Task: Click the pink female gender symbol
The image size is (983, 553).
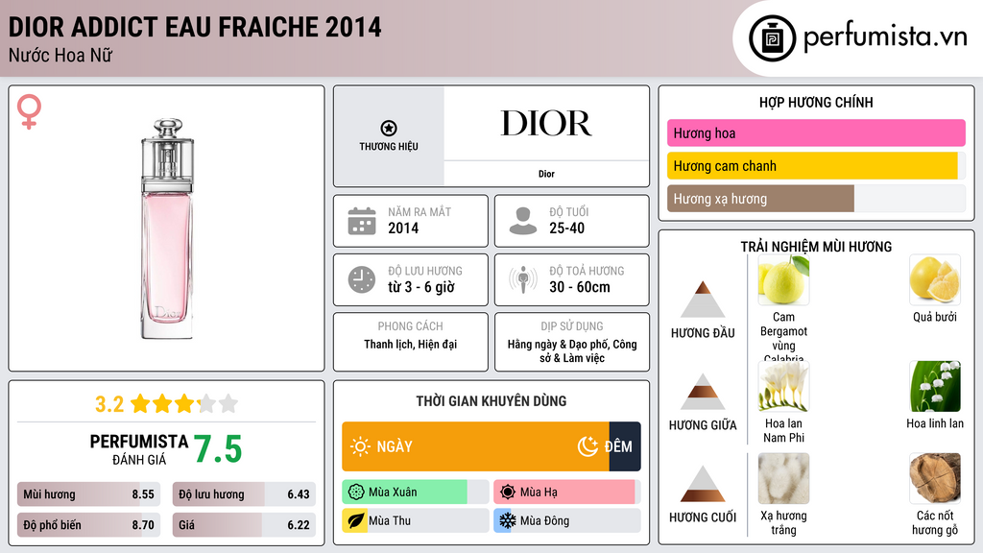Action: [x=30, y=112]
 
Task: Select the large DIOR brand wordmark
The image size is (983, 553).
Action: [x=546, y=124]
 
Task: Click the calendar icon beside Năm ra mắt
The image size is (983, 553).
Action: [x=362, y=221]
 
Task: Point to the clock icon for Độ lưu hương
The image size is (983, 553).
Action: [x=362, y=279]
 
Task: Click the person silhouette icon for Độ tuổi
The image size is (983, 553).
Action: [x=523, y=221]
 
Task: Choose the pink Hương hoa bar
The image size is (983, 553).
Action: [x=816, y=133]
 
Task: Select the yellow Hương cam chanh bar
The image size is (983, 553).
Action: [x=812, y=166]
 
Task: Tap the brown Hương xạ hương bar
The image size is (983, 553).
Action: [x=760, y=199]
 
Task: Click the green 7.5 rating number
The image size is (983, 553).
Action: [x=218, y=449]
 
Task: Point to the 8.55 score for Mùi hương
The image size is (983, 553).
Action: [x=143, y=494]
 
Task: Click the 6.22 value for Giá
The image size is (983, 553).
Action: [x=299, y=525]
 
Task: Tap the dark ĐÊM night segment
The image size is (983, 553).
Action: [x=624, y=446]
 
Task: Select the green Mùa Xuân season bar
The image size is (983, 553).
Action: [x=404, y=493]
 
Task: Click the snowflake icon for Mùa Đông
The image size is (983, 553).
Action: [x=506, y=520]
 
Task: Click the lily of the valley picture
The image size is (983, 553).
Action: [x=934, y=387]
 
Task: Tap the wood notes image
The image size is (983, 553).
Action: [x=934, y=479]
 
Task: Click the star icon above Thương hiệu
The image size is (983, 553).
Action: [x=388, y=128]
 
